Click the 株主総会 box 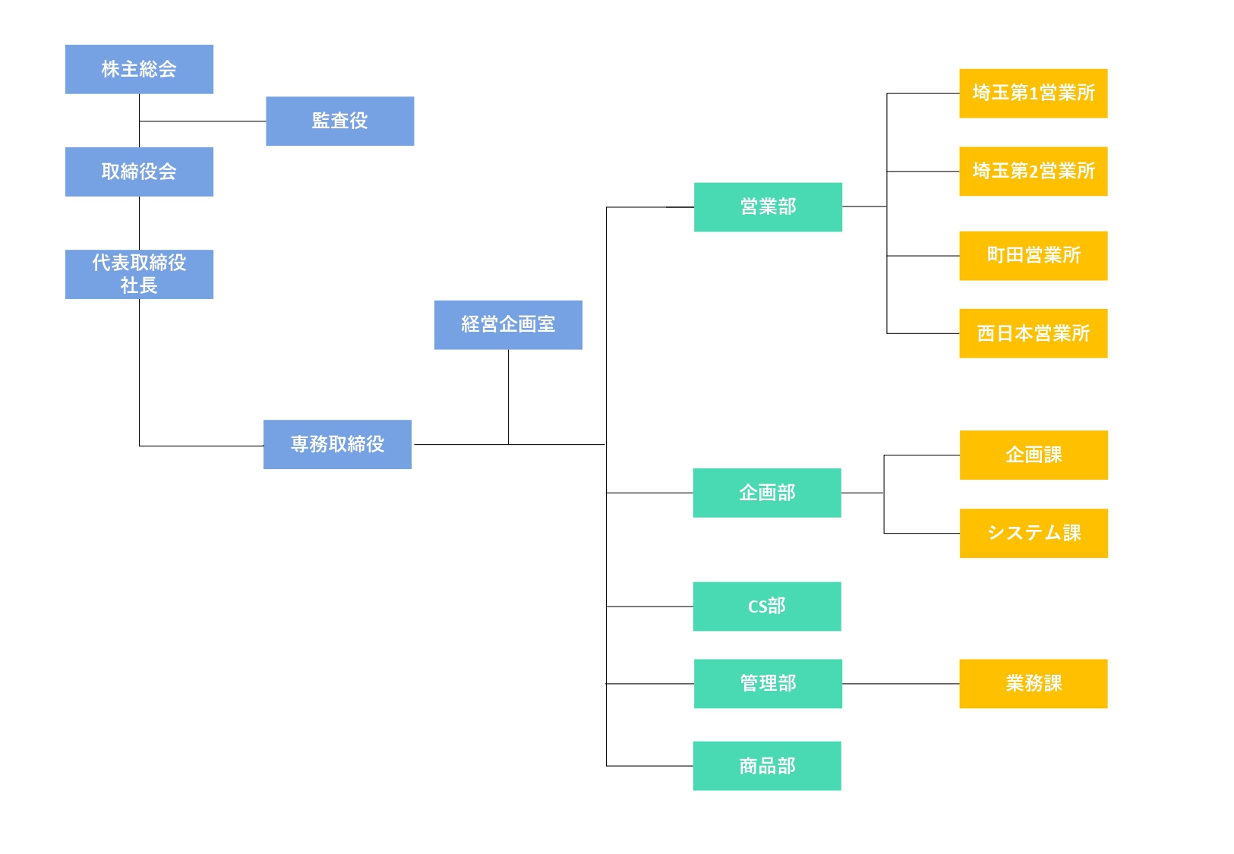click(140, 69)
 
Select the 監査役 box click(340, 121)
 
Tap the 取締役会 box click(140, 172)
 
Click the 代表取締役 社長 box click(140, 274)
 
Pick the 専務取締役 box click(338, 444)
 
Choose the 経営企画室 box click(509, 325)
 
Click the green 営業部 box click(768, 207)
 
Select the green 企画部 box click(767, 493)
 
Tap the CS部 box click(767, 607)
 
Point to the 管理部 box click(768, 683)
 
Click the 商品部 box click(767, 766)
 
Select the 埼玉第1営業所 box click(1034, 93)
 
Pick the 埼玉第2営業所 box click(1034, 172)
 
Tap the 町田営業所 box click(1034, 256)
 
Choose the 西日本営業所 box click(1034, 334)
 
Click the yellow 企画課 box click(1034, 455)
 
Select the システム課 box click(1034, 534)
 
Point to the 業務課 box click(1034, 683)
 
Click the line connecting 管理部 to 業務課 click(901, 684)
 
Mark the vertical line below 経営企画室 click(509, 396)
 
